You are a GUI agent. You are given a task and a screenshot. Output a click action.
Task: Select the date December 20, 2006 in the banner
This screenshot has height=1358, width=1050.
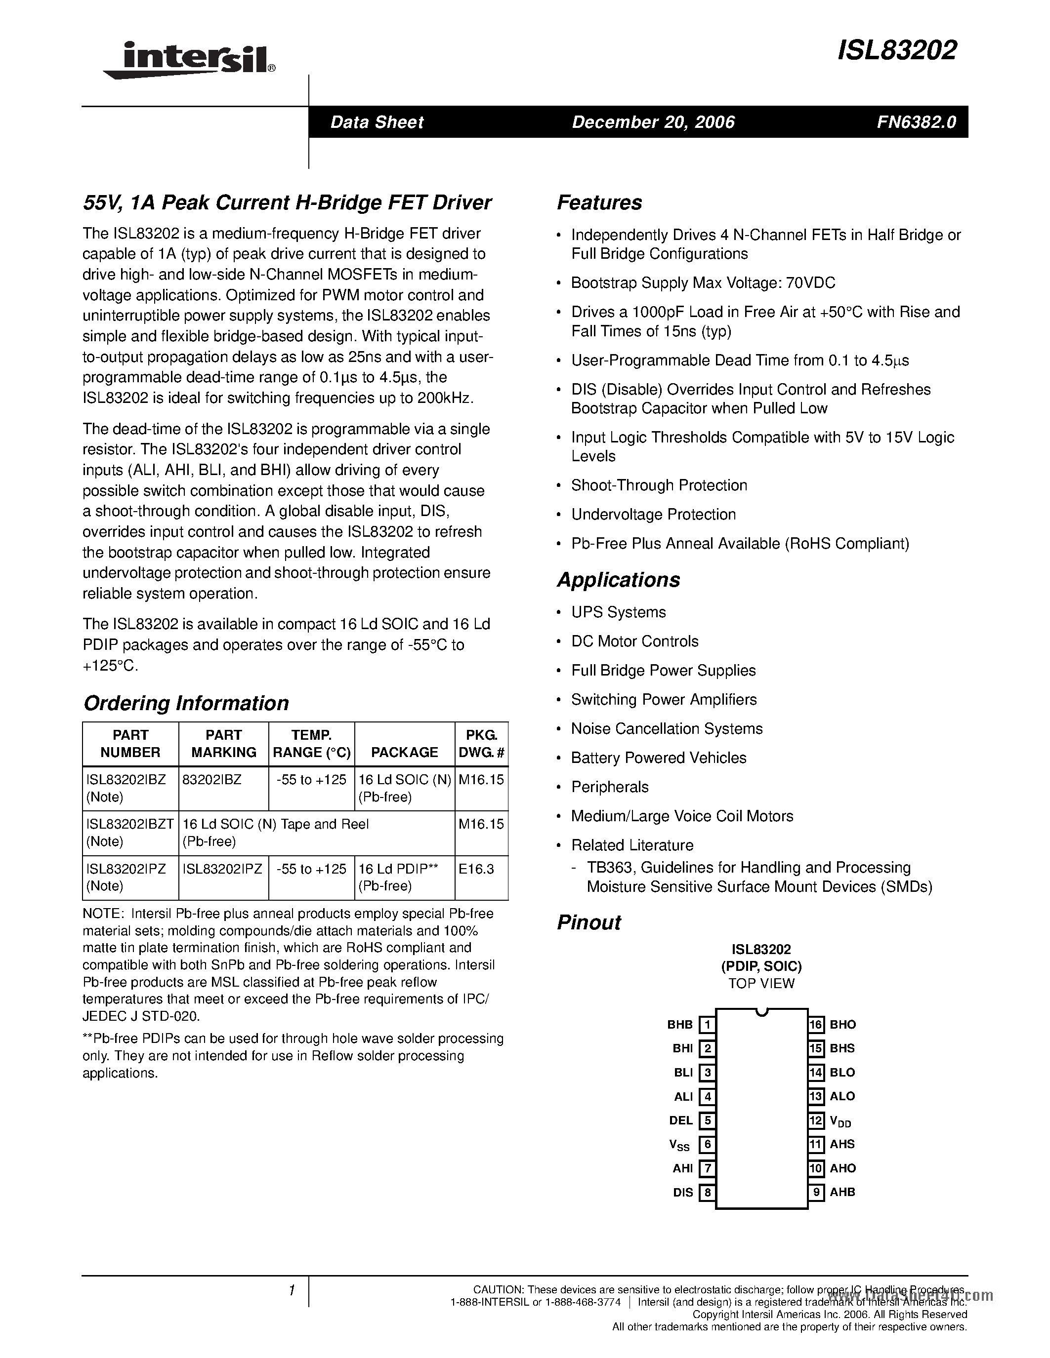[x=653, y=122]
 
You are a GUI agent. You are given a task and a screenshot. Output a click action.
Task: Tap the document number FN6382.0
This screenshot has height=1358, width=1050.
[x=916, y=122]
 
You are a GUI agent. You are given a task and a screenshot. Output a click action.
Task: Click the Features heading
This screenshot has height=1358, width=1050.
[x=599, y=202]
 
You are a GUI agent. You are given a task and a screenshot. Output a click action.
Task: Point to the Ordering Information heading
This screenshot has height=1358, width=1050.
[x=186, y=703]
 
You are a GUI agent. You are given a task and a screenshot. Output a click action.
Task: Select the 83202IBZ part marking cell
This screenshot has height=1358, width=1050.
[x=212, y=780]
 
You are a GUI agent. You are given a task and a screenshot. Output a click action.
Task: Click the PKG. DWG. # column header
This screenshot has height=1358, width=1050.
[x=481, y=744]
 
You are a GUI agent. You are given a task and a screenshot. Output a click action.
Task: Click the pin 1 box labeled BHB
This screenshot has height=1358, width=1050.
[x=707, y=1024]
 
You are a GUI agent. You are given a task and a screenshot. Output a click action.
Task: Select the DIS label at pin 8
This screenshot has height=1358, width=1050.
[x=682, y=1193]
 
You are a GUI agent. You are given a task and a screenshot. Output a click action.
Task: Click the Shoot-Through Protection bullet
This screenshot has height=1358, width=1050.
[x=659, y=485]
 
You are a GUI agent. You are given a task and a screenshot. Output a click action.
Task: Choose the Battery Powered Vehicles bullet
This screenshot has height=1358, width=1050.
[x=659, y=758]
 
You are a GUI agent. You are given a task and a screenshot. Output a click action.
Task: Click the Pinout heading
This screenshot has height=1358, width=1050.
[x=588, y=923]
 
